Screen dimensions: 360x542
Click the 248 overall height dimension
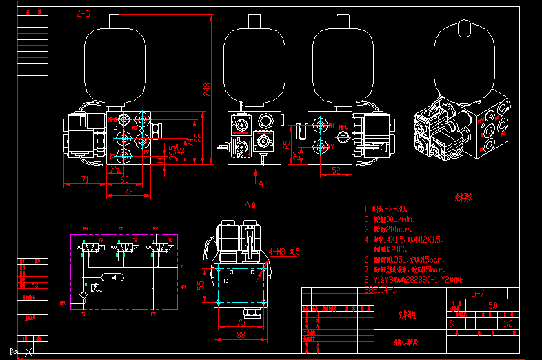coord(206,89)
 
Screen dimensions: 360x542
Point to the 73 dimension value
coord(128,191)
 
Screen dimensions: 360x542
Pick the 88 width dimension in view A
coord(241,335)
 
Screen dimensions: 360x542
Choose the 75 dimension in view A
coord(241,322)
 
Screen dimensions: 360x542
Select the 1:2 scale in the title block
coord(509,322)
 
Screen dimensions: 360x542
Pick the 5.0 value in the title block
coord(492,304)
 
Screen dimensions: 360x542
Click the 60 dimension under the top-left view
coord(125,180)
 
